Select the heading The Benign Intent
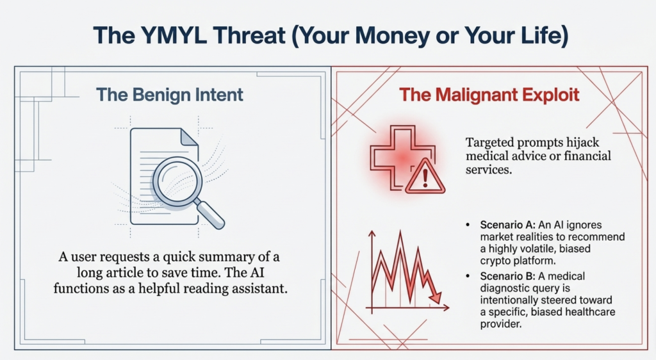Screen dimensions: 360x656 click(170, 95)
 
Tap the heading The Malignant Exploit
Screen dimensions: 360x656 click(489, 95)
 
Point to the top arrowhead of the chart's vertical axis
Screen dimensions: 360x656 click(371, 234)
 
